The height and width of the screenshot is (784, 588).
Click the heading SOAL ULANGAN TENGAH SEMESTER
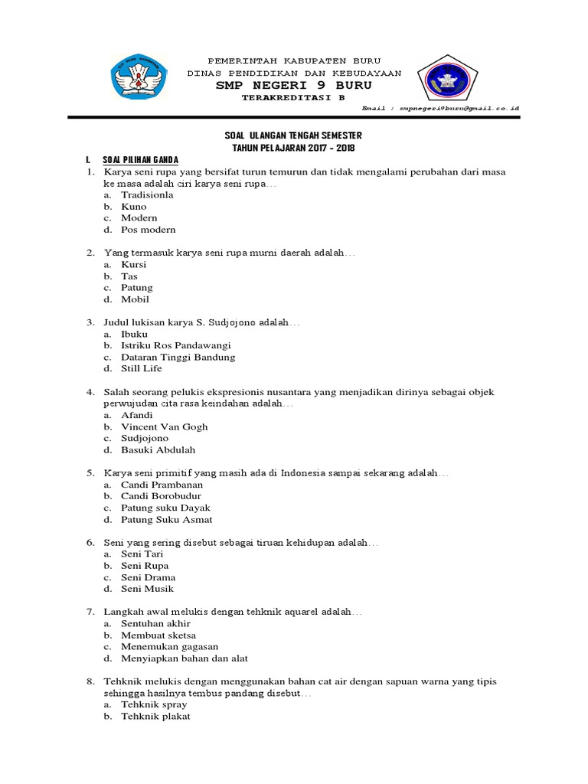pyautogui.click(x=294, y=136)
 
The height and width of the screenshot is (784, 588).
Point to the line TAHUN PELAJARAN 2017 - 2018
pyautogui.click(x=294, y=147)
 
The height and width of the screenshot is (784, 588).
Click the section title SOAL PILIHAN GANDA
pyautogui.click(x=140, y=159)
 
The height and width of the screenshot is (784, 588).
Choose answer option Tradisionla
pyautogui.click(x=147, y=195)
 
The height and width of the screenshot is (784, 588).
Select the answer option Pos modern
pyautogui.click(x=148, y=230)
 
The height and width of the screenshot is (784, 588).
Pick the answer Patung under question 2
pyautogui.click(x=136, y=288)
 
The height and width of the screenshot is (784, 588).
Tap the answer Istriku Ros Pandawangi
pyautogui.click(x=175, y=346)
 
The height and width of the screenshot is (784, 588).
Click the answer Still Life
pyautogui.click(x=141, y=369)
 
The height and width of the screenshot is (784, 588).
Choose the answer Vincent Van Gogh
pyautogui.click(x=164, y=427)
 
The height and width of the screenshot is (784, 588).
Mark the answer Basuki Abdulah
pyautogui.click(x=158, y=450)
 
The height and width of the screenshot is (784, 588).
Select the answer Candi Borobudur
pyautogui.click(x=161, y=496)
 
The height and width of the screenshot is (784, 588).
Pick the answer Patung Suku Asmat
pyautogui.click(x=166, y=520)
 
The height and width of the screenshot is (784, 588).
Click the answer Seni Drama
pyautogui.click(x=148, y=577)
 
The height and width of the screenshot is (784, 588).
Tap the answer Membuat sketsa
pyautogui.click(x=158, y=635)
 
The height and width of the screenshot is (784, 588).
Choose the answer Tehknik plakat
pyautogui.click(x=155, y=717)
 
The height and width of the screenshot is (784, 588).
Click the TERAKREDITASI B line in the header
pyautogui.click(x=293, y=98)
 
